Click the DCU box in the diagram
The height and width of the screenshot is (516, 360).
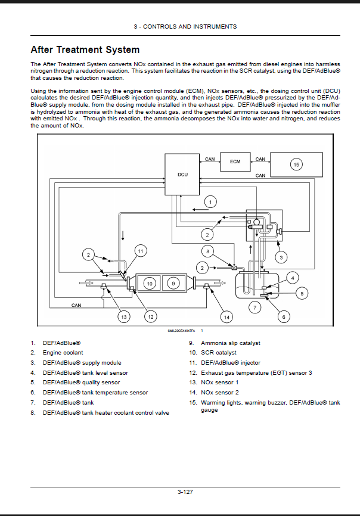(182, 175)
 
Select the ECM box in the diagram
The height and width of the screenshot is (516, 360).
(235, 161)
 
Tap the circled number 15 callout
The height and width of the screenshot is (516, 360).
(296, 164)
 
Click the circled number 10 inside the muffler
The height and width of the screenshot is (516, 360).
(150, 284)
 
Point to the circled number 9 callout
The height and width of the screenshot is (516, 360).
(173, 284)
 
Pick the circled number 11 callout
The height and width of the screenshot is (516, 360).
(141, 251)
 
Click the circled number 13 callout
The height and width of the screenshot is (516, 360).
(124, 317)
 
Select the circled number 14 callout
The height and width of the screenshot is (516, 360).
(226, 317)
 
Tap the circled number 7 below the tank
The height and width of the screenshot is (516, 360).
(255, 307)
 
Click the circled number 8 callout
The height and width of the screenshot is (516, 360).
(207, 252)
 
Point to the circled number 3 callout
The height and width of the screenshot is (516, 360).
(281, 257)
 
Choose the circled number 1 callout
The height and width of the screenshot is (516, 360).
(210, 202)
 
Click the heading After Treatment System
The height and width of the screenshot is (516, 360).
(85, 49)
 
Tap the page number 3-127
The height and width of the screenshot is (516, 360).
(185, 492)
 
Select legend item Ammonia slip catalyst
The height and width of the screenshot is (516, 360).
(230, 343)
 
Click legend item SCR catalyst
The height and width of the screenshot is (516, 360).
(219, 353)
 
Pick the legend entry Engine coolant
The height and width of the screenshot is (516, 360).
(63, 353)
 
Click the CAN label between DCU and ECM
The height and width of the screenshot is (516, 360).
(210, 159)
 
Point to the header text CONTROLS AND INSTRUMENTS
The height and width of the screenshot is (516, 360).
(190, 27)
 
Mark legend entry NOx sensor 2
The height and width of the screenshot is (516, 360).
(220, 392)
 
